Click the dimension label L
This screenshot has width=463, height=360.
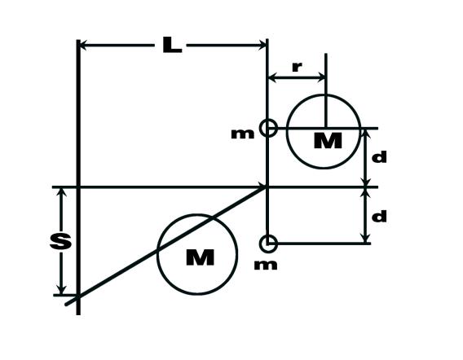[x=172, y=45]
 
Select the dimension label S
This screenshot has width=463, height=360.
[x=60, y=241]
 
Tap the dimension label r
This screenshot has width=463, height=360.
[x=297, y=68]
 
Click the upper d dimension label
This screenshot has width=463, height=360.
[x=379, y=157]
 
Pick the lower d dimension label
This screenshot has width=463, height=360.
[x=379, y=216]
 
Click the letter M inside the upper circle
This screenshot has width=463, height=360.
[x=328, y=141]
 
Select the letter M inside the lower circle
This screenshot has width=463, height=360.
[x=201, y=257]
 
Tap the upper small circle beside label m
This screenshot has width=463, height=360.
[x=268, y=128]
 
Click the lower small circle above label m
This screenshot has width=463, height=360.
[x=268, y=244]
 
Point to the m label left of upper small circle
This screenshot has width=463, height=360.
[x=242, y=134]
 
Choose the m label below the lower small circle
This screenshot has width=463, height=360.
[x=266, y=266]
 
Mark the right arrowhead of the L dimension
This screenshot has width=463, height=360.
[x=262, y=46]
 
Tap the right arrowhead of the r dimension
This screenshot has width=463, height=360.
[x=321, y=78]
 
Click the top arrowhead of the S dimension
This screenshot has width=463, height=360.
[x=61, y=192]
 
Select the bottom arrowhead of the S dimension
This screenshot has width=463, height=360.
[x=61, y=290]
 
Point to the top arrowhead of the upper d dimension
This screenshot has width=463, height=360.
[x=366, y=134]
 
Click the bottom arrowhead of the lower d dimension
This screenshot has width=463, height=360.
[x=366, y=239]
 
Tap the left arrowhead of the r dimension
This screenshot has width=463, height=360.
[x=272, y=78]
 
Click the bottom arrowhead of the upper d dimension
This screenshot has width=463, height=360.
[x=366, y=182]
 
